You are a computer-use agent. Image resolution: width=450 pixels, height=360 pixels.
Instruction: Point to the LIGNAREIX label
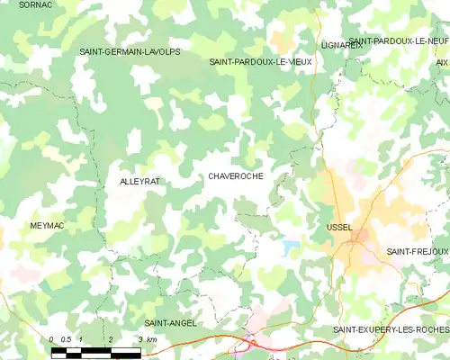coord(341,44)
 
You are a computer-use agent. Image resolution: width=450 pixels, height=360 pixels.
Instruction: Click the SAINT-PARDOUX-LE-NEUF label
coord(399,42)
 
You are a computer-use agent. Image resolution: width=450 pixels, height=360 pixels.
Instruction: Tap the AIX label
coord(442,62)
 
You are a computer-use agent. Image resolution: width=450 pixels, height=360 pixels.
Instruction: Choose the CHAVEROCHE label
coord(236,176)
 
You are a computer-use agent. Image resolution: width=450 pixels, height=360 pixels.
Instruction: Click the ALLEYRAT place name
coord(139,182)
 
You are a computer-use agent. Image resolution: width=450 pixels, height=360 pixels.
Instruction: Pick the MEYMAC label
coord(47,226)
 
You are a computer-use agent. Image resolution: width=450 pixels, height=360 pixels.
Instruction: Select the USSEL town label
coord(341,228)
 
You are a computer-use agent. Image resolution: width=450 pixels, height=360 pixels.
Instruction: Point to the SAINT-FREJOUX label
coord(417,251)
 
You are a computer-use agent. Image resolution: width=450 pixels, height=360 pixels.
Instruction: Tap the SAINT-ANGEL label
coord(170,322)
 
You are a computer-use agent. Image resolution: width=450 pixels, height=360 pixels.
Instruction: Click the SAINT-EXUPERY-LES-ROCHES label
coord(391,330)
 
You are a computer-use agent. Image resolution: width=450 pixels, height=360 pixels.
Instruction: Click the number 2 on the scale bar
coord(111,339)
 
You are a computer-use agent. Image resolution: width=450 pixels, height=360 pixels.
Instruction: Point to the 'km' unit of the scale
coord(151,339)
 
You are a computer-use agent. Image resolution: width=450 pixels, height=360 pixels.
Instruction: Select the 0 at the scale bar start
coord(52,339)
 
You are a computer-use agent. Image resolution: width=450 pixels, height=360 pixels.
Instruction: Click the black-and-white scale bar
coord(96,351)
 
